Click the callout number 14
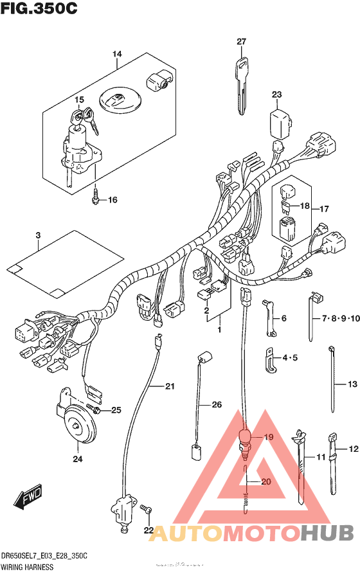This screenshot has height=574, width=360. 116,55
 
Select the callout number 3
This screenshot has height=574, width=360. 38,236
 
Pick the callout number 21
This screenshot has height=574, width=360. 170,386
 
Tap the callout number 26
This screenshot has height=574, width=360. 216,405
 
